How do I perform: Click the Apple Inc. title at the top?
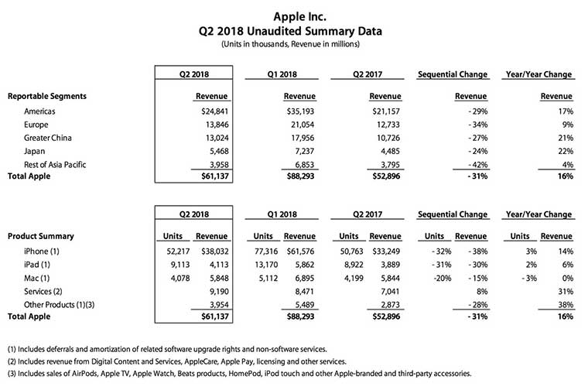(293, 15)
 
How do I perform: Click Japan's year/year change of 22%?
(563, 154)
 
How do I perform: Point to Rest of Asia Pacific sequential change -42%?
(474, 168)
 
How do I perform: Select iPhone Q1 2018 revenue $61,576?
(298, 251)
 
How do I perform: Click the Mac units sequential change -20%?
(438, 279)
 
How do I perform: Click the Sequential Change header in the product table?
(452, 214)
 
